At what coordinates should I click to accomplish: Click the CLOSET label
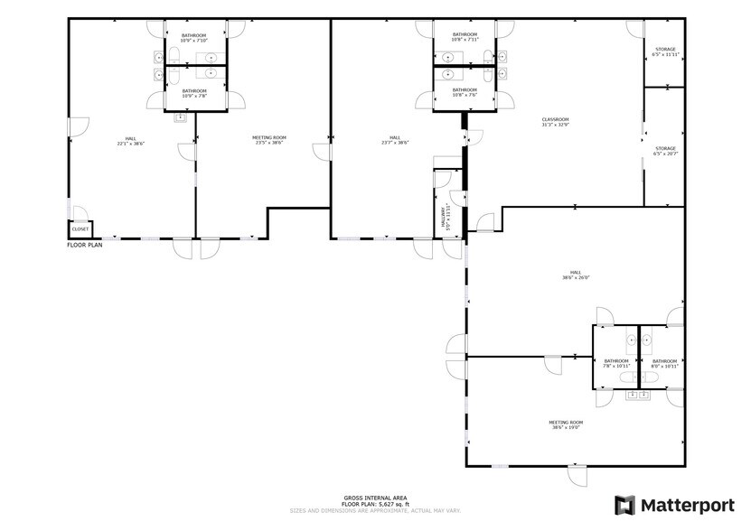tap(80, 229)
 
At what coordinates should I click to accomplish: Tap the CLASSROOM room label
tap(555, 122)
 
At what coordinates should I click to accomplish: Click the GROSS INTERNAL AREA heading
tap(375, 498)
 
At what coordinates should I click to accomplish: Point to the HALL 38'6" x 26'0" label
tap(576, 275)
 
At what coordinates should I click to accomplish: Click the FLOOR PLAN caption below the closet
tap(84, 245)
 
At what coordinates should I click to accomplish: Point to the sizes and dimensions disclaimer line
tap(375, 510)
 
